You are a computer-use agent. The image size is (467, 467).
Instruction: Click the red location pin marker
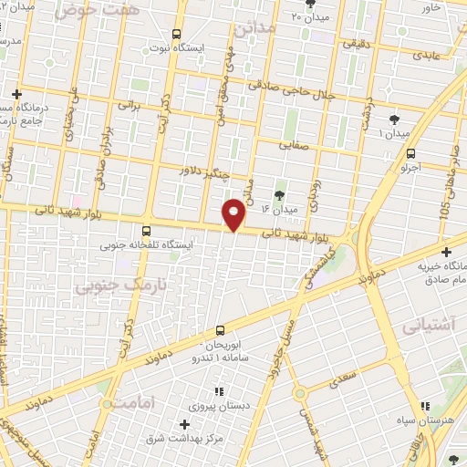(234, 216)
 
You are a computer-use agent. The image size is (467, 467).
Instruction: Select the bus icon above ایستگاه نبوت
(176, 34)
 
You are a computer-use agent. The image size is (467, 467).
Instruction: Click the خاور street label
(431, 7)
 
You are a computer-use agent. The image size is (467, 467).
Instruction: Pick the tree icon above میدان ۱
(393, 119)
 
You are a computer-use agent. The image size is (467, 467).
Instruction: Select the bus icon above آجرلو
(411, 153)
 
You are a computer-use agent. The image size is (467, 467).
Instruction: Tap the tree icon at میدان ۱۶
(279, 194)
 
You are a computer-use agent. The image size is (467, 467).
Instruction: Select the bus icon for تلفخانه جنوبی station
(145, 231)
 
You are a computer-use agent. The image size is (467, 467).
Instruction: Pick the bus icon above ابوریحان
(220, 330)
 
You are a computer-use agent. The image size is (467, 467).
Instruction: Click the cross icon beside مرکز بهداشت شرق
(184, 424)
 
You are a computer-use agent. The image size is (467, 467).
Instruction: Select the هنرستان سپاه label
(435, 421)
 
